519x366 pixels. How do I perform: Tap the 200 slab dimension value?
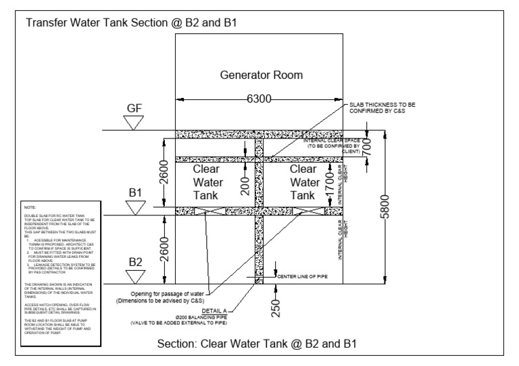(246, 182)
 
